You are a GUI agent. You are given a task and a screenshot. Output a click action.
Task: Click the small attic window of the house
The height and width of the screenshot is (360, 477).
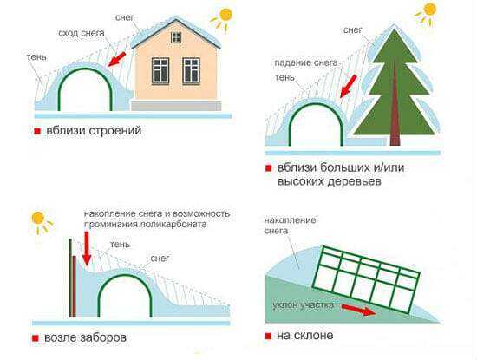point(176,37)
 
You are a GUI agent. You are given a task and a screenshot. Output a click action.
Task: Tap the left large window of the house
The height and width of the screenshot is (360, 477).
point(160,71)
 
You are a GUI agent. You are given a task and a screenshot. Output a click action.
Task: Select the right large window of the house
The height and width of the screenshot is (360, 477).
point(191,71)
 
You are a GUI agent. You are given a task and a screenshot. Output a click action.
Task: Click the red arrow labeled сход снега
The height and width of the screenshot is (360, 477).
point(117,59)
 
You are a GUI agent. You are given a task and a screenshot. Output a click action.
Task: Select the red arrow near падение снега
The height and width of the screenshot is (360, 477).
point(349,87)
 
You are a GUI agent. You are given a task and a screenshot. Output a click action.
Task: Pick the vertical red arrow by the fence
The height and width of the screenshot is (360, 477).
point(87,248)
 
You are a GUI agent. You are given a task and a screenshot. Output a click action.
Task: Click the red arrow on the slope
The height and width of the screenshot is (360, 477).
point(359,310)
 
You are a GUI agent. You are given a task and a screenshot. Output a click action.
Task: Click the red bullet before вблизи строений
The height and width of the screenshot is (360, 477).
point(37,132)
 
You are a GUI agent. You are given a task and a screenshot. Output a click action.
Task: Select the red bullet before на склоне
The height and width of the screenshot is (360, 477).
point(268,336)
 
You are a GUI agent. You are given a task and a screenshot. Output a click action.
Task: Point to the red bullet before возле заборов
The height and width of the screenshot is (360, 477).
point(36,338)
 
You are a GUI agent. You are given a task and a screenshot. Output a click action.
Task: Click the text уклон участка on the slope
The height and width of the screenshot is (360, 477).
point(303,304)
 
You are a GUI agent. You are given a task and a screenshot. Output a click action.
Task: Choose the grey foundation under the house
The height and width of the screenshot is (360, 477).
point(176,106)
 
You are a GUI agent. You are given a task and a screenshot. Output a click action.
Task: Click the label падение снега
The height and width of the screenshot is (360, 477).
point(306,63)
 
